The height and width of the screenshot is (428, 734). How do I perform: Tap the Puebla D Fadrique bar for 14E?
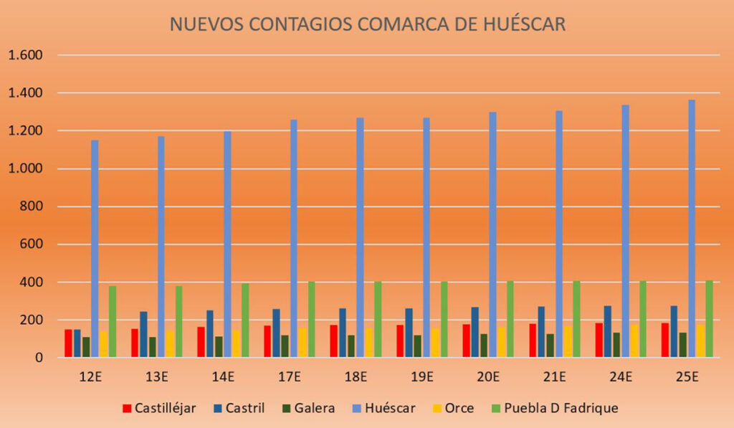pyautogui.click(x=245, y=320)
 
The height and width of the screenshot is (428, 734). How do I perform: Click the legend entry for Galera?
pyautogui.click(x=309, y=408)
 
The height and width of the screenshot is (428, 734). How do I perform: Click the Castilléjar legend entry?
pyautogui.click(x=160, y=408)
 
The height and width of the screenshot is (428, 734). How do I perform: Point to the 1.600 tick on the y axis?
pyautogui.click(x=26, y=55)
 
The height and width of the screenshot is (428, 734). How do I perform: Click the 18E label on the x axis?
pyautogui.click(x=356, y=376)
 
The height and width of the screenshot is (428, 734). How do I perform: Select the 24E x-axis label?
pyautogui.click(x=621, y=376)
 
